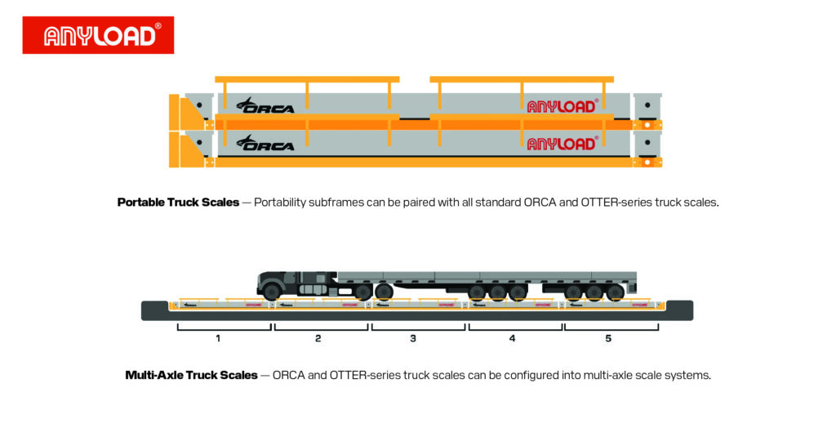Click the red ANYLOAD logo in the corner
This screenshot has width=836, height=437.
pos(98,35)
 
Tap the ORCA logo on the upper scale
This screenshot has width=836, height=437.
pos(265,105)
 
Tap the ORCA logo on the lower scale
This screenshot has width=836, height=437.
pos(265,144)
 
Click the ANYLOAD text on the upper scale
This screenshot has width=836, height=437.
pos(563,105)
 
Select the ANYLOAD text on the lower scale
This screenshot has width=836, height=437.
pos(563,144)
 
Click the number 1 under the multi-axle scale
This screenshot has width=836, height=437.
pos(218,338)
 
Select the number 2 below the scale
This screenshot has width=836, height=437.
pos(318,338)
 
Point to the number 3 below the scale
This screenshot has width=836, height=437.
pos(413,338)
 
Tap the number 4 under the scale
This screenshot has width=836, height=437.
pos(512,338)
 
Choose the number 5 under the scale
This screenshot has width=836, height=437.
pos(608,338)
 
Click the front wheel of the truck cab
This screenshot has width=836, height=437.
pos(272,292)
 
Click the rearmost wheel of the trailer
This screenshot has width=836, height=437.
pos(616,292)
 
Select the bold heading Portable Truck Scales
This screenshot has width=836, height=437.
pos(178,202)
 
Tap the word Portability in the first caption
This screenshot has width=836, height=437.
pos(282,202)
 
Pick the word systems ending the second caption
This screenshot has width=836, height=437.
pos(690,376)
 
